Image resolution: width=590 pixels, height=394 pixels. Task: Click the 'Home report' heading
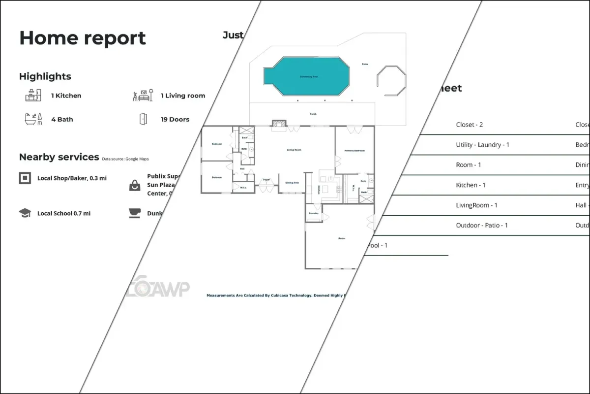click(x=83, y=38)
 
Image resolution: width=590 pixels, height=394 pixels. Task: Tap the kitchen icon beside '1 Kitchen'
click(x=33, y=95)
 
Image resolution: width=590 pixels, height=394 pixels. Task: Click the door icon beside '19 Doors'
click(x=143, y=119)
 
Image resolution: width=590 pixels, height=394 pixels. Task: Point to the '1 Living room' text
click(x=183, y=96)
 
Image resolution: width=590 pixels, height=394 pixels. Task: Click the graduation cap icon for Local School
click(x=25, y=213)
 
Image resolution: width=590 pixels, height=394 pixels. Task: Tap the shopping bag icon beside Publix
click(x=134, y=185)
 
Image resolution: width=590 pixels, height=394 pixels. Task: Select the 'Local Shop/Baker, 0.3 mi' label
click(x=72, y=178)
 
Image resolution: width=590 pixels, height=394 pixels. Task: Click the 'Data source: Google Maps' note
click(x=125, y=159)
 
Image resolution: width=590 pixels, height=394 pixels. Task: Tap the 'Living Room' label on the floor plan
click(x=294, y=150)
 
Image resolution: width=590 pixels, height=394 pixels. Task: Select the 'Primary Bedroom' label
click(x=354, y=151)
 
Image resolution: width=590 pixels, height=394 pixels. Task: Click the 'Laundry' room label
click(x=313, y=213)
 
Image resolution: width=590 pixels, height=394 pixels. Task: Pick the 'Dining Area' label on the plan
click(x=292, y=183)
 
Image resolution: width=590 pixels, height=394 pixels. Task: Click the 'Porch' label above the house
click(x=313, y=114)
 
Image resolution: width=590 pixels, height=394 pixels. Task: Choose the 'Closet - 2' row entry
click(x=470, y=125)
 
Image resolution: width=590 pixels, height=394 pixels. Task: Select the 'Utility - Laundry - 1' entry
click(x=483, y=145)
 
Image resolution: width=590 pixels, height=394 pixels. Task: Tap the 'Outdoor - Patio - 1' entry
click(x=482, y=225)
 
